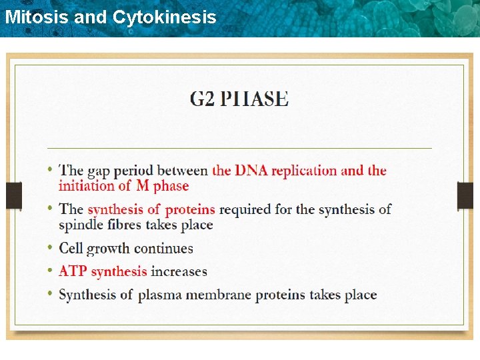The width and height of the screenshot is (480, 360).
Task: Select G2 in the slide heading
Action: (x=202, y=99)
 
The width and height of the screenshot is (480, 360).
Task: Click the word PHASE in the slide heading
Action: (x=255, y=99)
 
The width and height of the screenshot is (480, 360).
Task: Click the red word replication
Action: (x=303, y=171)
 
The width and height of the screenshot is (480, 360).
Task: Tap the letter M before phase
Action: (x=143, y=187)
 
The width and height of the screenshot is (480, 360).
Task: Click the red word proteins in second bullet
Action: (x=190, y=210)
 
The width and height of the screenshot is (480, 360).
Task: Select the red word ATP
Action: (x=73, y=271)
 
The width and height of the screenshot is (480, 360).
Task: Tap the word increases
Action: (x=179, y=271)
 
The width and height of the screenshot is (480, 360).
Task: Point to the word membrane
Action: (x=223, y=295)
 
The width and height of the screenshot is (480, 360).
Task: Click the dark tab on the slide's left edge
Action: (x=14, y=195)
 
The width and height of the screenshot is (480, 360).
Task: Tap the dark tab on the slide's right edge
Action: (x=465, y=195)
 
